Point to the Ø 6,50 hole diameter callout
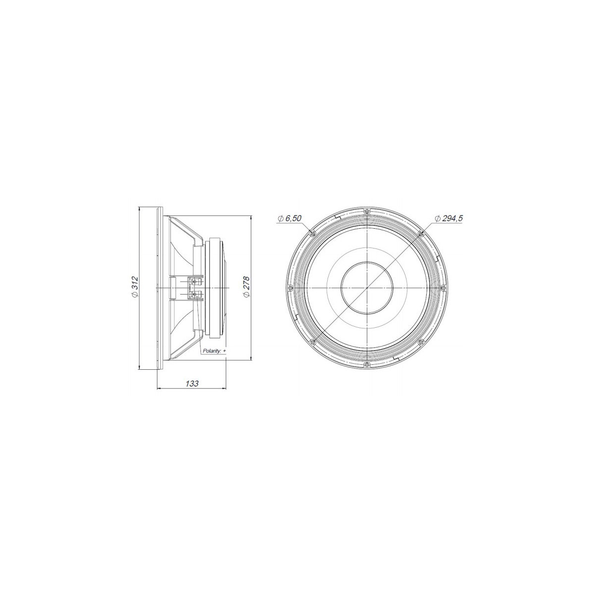pos(290,218)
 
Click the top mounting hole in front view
pos(366,211)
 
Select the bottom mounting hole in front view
pos(366,365)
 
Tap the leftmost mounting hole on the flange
pos(290,288)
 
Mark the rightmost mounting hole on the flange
pos(443,288)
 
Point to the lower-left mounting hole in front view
pos(312,343)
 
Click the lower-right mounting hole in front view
pos(421,343)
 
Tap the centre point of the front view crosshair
pos(366,288)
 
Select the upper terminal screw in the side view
pos(194,282)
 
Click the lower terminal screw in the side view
pos(194,295)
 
